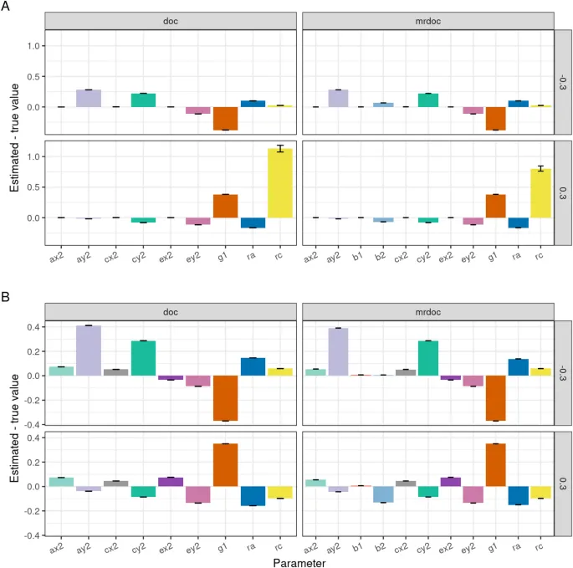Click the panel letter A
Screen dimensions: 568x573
point(6,7)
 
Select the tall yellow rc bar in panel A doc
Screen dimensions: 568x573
point(280,183)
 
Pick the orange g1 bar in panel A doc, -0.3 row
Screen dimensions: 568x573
point(225,119)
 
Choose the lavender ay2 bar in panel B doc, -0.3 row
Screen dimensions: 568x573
point(88,351)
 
